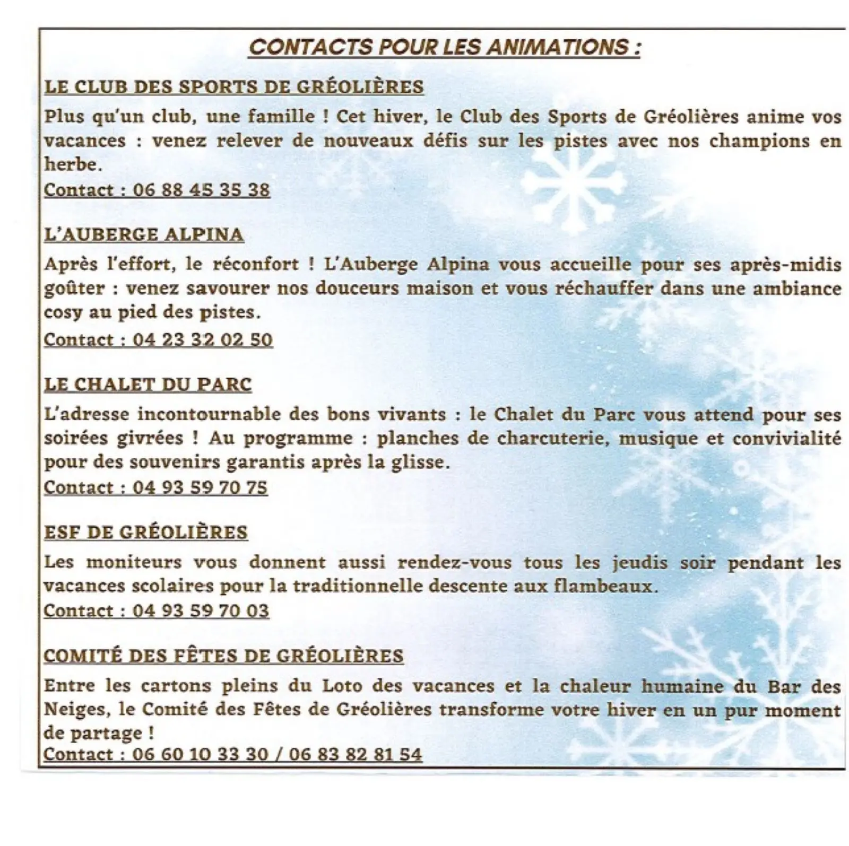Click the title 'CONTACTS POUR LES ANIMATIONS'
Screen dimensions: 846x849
445,47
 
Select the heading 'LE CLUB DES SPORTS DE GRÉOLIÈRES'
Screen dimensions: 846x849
233,86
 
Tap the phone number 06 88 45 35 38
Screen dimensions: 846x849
201,190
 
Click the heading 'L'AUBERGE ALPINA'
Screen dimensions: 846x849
144,234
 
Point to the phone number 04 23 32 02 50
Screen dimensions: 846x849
202,339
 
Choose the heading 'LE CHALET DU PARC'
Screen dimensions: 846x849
148,384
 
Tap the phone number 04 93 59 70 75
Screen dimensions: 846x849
200,487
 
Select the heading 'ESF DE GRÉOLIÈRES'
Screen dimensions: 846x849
146,532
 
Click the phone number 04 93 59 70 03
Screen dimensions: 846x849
201,610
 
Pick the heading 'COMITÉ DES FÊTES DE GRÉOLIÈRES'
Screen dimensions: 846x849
223,656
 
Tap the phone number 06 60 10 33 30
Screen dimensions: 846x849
200,754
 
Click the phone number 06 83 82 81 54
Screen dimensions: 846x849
356,754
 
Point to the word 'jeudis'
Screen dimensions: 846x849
640,562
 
